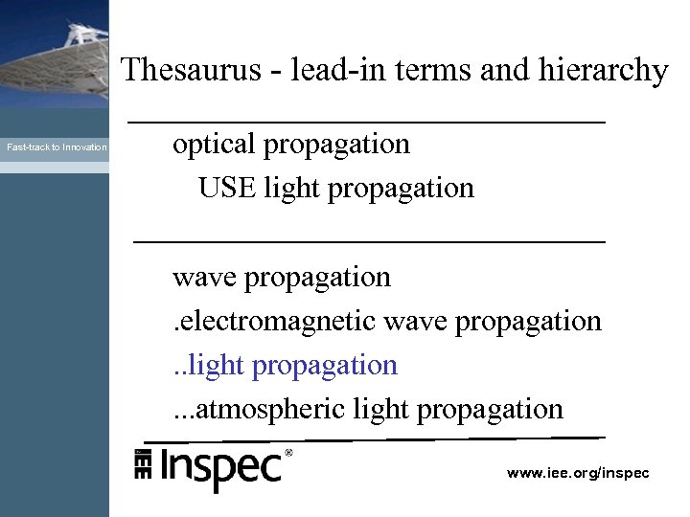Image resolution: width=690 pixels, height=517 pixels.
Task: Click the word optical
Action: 213,145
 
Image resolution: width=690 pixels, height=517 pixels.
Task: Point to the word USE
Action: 227,188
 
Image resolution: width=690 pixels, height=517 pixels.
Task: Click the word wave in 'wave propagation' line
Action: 204,278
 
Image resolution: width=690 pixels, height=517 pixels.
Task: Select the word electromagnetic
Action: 277,321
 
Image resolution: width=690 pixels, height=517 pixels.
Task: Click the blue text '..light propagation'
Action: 285,365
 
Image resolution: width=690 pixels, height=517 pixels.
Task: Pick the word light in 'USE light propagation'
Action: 291,188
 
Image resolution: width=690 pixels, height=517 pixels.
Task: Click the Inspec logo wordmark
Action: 220,468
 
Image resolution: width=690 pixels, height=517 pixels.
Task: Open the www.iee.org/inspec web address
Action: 578,473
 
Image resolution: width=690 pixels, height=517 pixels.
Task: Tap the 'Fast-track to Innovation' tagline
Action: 57,147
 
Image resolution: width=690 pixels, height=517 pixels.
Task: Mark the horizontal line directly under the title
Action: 367,123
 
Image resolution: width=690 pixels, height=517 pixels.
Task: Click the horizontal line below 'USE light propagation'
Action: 370,242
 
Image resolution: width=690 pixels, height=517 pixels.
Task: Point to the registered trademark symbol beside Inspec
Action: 288,452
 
